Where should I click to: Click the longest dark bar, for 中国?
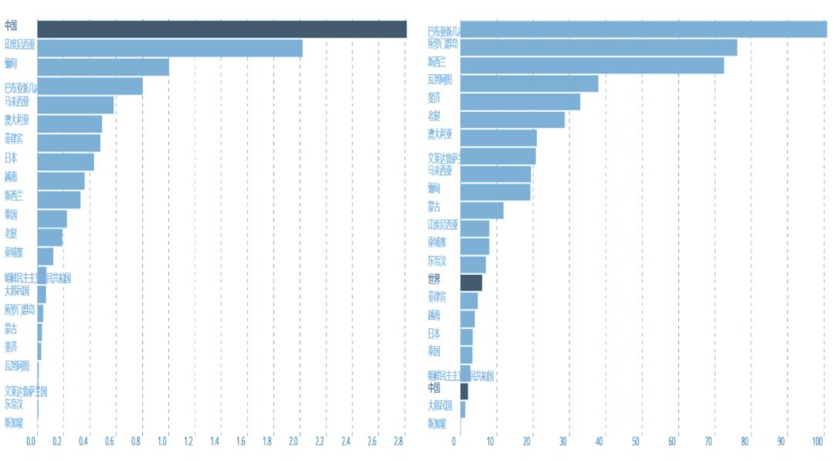(x=222, y=29)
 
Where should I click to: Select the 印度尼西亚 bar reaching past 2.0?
(x=170, y=48)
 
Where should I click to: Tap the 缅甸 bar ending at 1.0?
(x=103, y=67)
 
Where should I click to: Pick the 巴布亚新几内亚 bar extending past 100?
(x=643, y=29)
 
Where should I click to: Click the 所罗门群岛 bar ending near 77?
(x=598, y=47)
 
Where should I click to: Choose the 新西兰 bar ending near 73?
(x=592, y=66)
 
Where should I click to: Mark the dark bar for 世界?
(x=471, y=282)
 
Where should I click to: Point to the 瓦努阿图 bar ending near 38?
(x=529, y=83)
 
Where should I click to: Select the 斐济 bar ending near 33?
(x=520, y=102)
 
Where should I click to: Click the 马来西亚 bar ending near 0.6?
(x=75, y=105)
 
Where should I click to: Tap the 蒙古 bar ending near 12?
(x=482, y=210)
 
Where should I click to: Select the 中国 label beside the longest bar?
(x=11, y=25)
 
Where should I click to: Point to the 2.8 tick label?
(x=399, y=442)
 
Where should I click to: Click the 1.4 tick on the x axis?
(x=215, y=442)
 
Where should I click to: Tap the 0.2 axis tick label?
(x=57, y=442)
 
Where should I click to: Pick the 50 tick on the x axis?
(x=636, y=442)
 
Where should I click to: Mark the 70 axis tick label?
(x=709, y=442)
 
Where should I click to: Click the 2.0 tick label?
(x=294, y=442)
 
